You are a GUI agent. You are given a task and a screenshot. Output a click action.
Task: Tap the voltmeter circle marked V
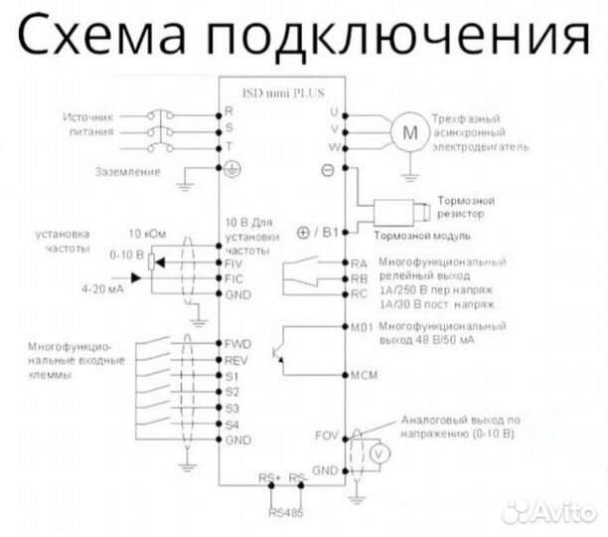click(x=377, y=450)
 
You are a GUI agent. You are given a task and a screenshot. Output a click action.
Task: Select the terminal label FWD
click(x=238, y=343)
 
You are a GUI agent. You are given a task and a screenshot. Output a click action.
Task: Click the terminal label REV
click(x=237, y=360)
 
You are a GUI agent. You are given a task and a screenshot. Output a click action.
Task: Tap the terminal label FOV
click(x=327, y=435)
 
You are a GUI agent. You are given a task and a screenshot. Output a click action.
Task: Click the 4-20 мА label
click(x=103, y=288)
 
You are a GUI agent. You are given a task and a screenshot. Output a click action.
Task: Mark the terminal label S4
click(x=232, y=424)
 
